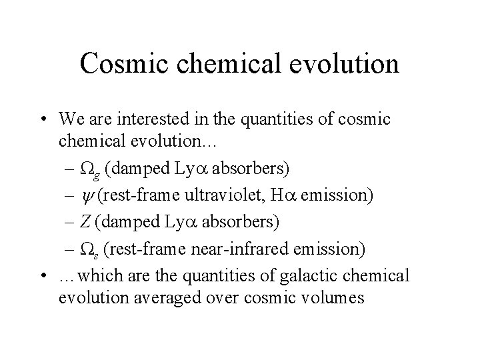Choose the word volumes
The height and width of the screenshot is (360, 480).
[x=333, y=297]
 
